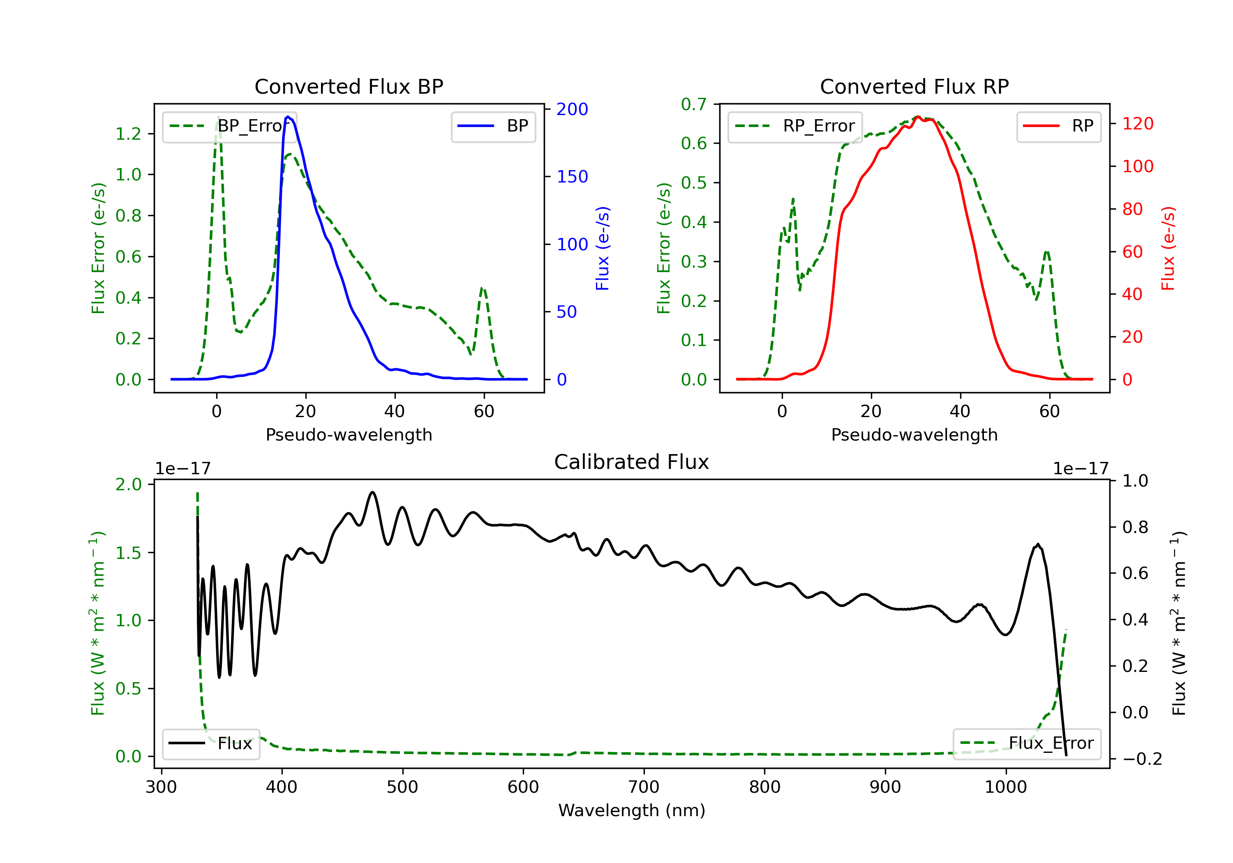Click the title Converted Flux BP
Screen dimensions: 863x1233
click(349, 86)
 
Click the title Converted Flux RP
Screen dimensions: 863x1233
click(914, 86)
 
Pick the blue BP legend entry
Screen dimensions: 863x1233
click(493, 126)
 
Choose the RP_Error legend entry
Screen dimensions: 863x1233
click(795, 126)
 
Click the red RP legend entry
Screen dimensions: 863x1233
click(1058, 126)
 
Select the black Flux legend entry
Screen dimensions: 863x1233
click(210, 743)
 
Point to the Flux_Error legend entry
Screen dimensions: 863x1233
click(1026, 743)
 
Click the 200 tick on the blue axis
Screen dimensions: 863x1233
click(572, 109)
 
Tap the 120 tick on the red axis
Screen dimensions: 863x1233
click(1137, 124)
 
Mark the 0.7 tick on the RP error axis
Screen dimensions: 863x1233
click(693, 104)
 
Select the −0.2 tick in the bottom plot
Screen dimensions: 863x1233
click(1142, 759)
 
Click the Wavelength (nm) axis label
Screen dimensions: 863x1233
click(632, 810)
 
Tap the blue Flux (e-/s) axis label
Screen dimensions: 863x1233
click(603, 248)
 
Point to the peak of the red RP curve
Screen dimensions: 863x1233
click(918, 117)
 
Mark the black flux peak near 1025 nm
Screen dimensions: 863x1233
click(1037, 545)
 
